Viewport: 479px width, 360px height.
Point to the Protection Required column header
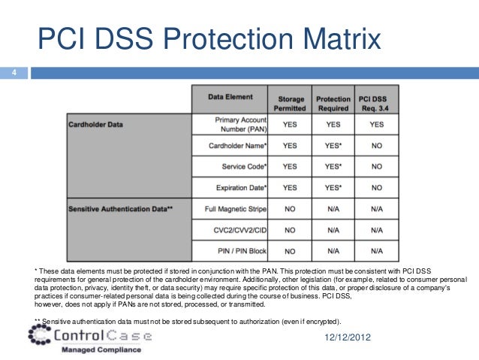coord(333,103)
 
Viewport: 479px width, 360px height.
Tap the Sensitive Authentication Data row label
coord(121,207)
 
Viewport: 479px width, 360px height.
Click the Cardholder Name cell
coord(237,144)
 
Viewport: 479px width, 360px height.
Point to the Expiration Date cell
coord(241,186)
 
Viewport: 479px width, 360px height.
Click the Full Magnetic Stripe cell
coord(236,207)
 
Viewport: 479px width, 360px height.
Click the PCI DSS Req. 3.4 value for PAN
coord(376,124)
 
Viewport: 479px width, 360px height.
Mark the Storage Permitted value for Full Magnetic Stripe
coord(290,207)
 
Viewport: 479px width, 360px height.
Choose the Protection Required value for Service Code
coord(333,165)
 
